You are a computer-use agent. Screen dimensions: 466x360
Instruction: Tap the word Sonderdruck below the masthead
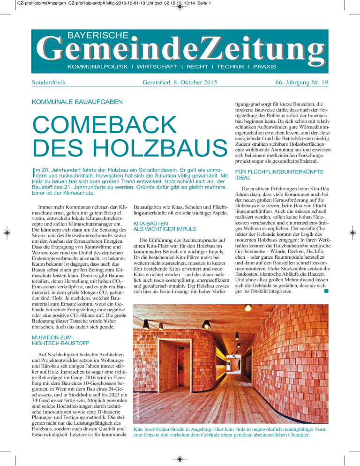52,83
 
